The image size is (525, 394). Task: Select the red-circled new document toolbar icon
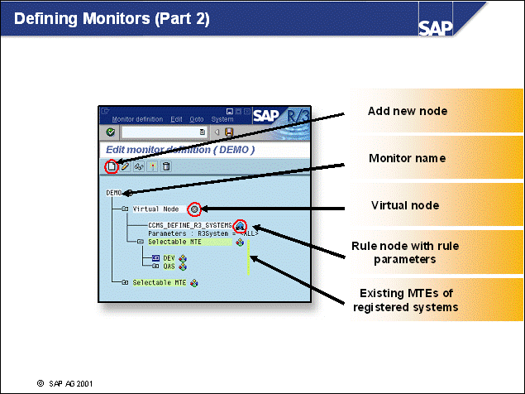(x=111, y=166)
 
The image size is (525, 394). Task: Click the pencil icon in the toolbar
(x=125, y=166)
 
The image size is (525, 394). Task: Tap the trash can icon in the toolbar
(x=166, y=166)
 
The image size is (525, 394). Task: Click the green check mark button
(x=112, y=132)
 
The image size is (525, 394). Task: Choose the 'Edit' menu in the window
(x=176, y=119)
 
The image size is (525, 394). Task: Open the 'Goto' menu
(x=197, y=119)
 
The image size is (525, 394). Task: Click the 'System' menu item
(x=222, y=119)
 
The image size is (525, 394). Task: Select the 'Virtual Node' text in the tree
(x=156, y=209)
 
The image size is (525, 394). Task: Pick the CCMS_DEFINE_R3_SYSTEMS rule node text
(x=190, y=225)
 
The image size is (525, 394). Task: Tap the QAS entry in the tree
(x=169, y=267)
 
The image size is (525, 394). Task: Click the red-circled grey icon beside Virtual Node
(x=194, y=209)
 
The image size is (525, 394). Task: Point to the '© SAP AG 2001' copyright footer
(x=66, y=384)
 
